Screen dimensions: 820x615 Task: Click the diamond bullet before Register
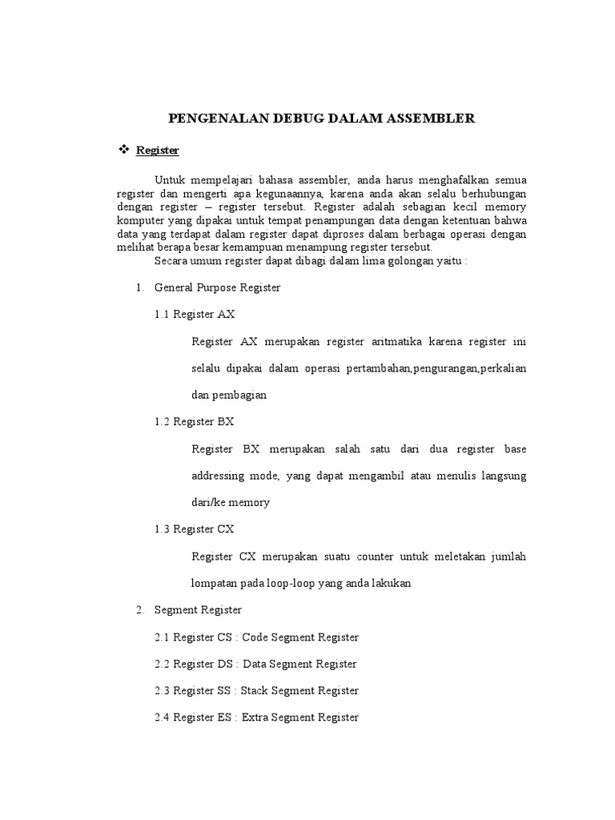(123, 150)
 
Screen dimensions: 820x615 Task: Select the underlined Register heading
(158, 151)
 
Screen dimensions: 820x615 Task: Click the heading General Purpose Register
(217, 287)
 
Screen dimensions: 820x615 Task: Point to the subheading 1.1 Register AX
(195, 315)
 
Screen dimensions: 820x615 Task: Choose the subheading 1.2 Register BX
(195, 421)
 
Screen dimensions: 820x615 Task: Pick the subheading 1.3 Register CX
(195, 529)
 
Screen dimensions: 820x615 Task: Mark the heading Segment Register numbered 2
(198, 610)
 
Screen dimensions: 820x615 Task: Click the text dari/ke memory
(231, 503)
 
